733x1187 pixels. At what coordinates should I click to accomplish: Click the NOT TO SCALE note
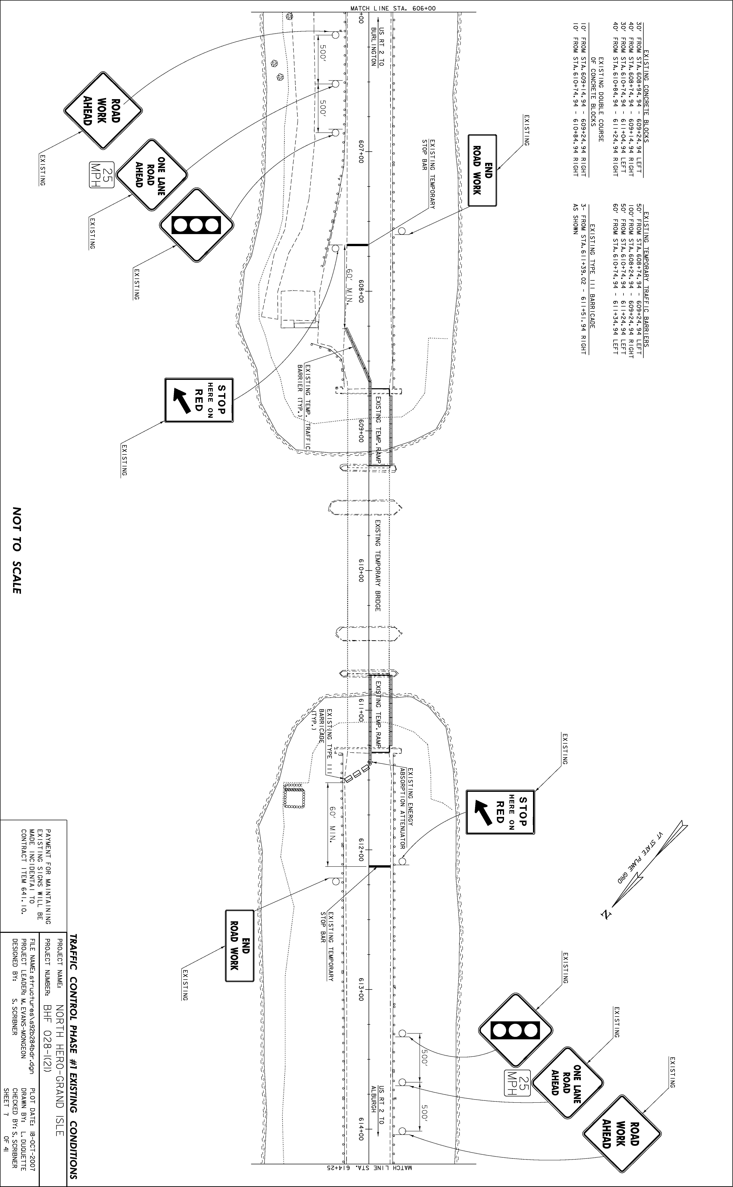pyautogui.click(x=17, y=550)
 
